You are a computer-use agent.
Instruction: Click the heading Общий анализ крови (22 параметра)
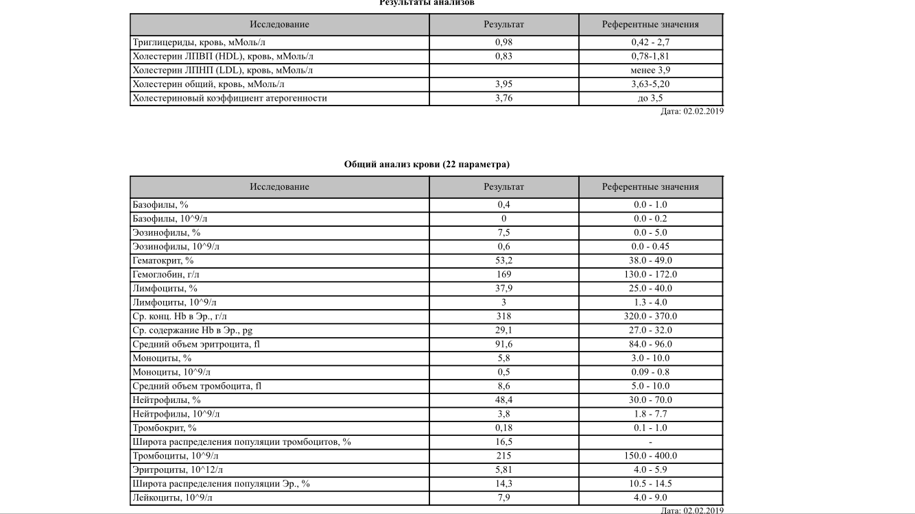pyautogui.click(x=427, y=164)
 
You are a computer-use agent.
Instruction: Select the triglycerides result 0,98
pyautogui.click(x=503, y=42)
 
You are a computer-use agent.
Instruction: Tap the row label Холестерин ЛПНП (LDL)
pyautogui.click(x=223, y=71)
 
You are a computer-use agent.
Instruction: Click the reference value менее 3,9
pyautogui.click(x=650, y=71)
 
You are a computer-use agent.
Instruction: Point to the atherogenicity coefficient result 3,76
pyautogui.click(x=503, y=98)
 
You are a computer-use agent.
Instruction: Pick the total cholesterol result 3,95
pyautogui.click(x=503, y=84)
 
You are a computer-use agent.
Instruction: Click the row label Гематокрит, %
pyautogui.click(x=163, y=260)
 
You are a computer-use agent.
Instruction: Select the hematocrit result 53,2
pyautogui.click(x=503, y=260)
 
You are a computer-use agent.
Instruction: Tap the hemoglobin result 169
pyautogui.click(x=503, y=274)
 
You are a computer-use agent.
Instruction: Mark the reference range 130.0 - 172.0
pyautogui.click(x=650, y=274)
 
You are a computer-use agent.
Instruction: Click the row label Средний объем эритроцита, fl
pyautogui.click(x=196, y=344)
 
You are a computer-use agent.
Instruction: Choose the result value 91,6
pyautogui.click(x=503, y=344)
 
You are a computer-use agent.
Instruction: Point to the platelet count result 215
pyautogui.click(x=503, y=456)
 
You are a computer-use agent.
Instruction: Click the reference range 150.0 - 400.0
pyautogui.click(x=650, y=456)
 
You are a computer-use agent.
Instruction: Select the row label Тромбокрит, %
pyautogui.click(x=165, y=428)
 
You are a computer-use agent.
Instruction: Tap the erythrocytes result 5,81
pyautogui.click(x=503, y=469)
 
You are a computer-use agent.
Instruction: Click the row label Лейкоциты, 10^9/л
pyautogui.click(x=172, y=498)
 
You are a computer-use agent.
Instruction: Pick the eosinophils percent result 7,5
pyautogui.click(x=503, y=232)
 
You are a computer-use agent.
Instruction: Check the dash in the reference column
pyautogui.click(x=650, y=442)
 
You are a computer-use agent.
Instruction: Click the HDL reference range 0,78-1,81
pyautogui.click(x=650, y=56)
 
